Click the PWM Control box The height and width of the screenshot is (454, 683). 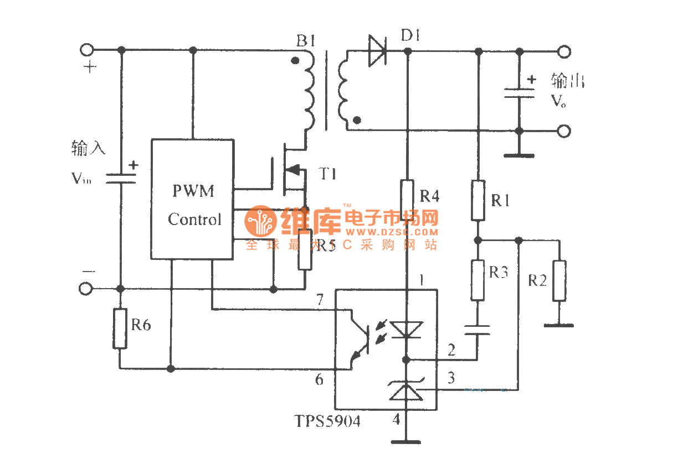click(x=192, y=199)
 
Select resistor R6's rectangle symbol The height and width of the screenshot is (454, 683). click(x=120, y=328)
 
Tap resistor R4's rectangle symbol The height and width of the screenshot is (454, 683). click(x=407, y=200)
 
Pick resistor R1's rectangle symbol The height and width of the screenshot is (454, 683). click(x=478, y=200)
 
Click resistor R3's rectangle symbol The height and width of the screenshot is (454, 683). click(x=478, y=280)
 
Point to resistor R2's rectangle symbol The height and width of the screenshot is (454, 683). click(x=559, y=280)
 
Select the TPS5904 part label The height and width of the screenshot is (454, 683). click(x=327, y=422)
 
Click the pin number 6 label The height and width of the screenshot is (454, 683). click(x=319, y=379)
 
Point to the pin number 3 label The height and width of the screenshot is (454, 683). click(x=451, y=378)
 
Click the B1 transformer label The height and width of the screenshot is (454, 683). click(x=306, y=40)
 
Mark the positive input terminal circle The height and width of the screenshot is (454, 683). click(x=87, y=50)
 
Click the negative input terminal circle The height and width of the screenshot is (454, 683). click(x=86, y=289)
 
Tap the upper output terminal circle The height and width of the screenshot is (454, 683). click(x=563, y=52)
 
